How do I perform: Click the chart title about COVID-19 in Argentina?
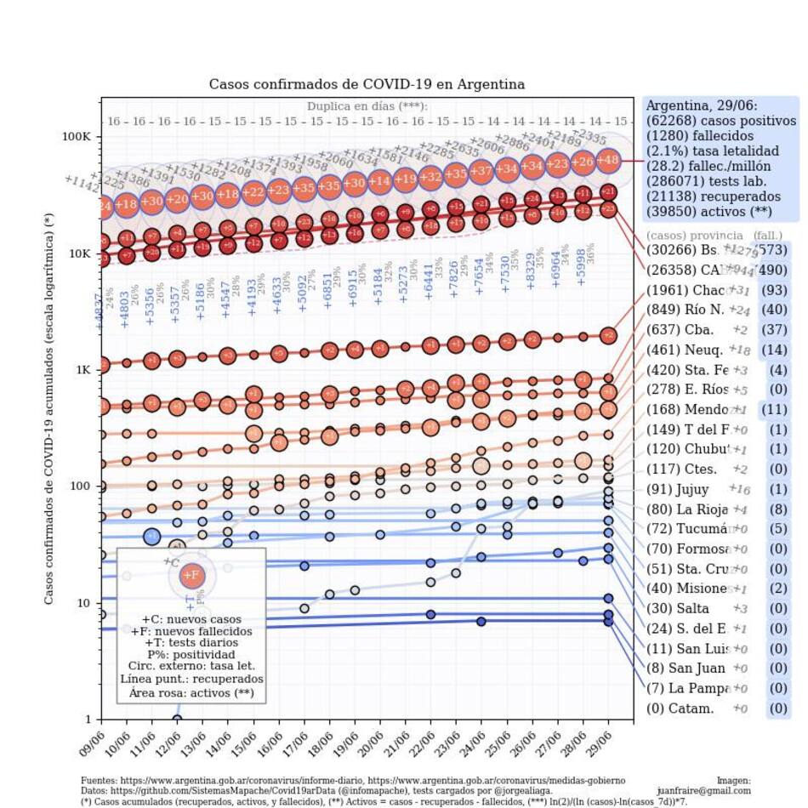367,84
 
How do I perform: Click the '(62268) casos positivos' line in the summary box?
720,120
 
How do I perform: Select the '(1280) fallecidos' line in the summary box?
699,135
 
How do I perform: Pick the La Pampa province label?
686,688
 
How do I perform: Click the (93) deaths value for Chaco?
777,291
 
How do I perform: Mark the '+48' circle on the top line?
608,159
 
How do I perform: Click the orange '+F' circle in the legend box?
191,575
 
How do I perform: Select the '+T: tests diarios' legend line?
191,644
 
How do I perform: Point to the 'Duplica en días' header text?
367,106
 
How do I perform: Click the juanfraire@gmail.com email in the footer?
703,790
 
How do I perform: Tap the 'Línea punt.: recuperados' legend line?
191,680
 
